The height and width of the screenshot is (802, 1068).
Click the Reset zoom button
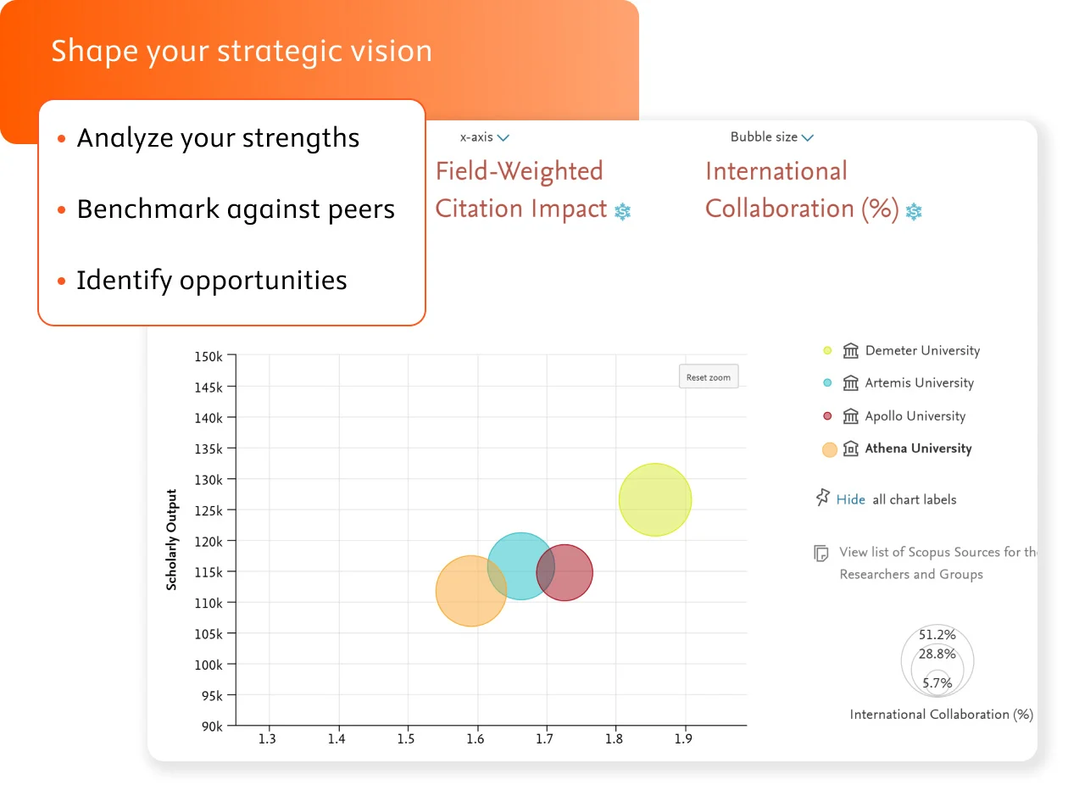709,377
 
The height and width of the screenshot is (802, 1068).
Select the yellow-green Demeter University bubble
655,499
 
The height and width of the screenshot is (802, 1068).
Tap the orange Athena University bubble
471,591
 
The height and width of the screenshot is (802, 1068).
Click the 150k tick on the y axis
209,356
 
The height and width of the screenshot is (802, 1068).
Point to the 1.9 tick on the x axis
683,738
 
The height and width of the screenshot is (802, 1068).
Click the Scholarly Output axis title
172,539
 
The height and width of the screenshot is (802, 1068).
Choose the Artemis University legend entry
919,383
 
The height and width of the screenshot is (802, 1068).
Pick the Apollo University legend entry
915,416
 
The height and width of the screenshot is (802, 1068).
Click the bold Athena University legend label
918,448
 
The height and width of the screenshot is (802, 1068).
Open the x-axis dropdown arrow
503,137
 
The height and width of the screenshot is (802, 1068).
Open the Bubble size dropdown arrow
808,137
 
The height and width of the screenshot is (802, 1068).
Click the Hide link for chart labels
850,499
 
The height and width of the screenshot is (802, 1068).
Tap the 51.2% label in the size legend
937,634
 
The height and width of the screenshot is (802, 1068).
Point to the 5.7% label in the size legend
937,682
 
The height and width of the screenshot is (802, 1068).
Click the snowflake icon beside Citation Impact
623,210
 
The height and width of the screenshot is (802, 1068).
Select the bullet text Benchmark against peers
236,209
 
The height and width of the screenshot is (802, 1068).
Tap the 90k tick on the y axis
211,727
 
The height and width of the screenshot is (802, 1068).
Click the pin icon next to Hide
822,498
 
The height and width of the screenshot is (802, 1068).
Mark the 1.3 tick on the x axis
268,738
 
